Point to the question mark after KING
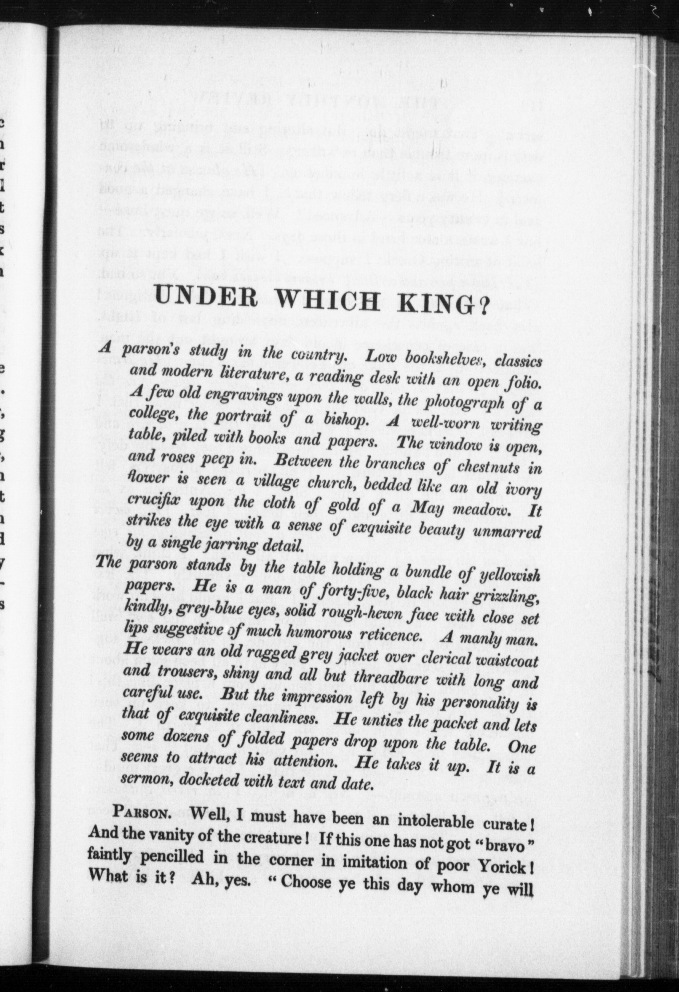tap(482, 308)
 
